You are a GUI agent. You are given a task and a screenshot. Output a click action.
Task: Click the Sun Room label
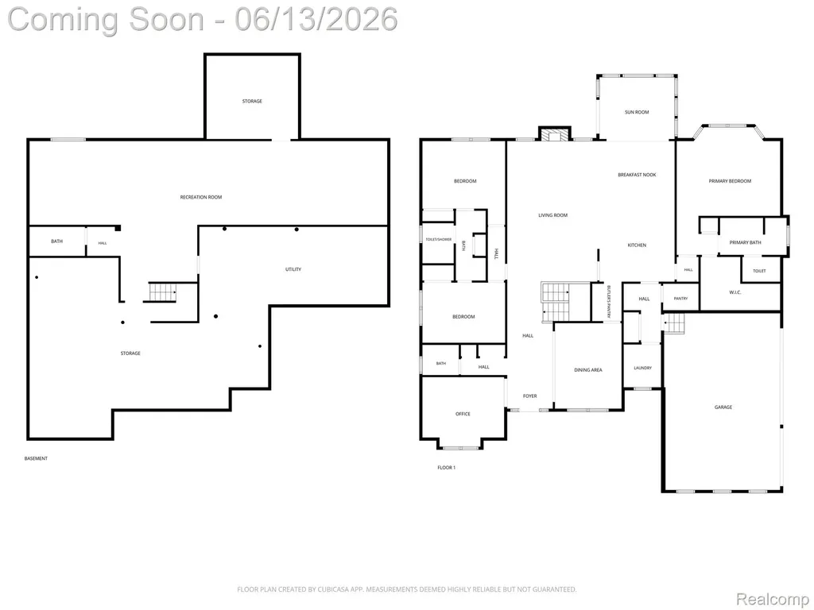pyautogui.click(x=637, y=112)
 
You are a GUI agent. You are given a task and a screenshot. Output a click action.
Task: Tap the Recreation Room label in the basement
pyautogui.click(x=201, y=197)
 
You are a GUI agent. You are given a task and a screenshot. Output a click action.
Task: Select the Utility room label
pyautogui.click(x=293, y=269)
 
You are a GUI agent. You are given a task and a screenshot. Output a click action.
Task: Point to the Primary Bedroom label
pyautogui.click(x=730, y=181)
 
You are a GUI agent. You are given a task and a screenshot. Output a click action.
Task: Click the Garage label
pyautogui.click(x=723, y=407)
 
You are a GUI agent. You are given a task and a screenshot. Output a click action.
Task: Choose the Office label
pyautogui.click(x=463, y=414)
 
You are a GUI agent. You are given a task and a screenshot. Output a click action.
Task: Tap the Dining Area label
pyautogui.click(x=588, y=370)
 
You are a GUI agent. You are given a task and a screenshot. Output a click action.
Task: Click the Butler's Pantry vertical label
pyautogui.click(x=608, y=303)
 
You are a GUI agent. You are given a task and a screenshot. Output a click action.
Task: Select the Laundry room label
pyautogui.click(x=642, y=368)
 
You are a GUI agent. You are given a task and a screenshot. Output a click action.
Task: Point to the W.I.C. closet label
pyautogui.click(x=735, y=292)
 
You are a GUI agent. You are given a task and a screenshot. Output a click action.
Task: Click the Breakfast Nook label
pyautogui.click(x=637, y=175)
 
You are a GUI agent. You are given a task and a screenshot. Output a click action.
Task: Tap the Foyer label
pyautogui.click(x=529, y=396)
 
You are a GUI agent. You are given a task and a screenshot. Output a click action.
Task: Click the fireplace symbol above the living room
pyautogui.click(x=555, y=133)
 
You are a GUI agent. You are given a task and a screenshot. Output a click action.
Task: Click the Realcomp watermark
pyautogui.click(x=773, y=599)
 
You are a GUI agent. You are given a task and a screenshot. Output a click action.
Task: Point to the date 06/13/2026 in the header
pyautogui.click(x=316, y=19)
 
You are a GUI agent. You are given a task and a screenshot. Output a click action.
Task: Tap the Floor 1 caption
pyautogui.click(x=447, y=467)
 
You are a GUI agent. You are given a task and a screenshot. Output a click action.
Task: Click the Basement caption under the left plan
pyautogui.click(x=36, y=458)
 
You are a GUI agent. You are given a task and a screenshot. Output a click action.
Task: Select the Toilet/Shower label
pyautogui.click(x=439, y=240)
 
